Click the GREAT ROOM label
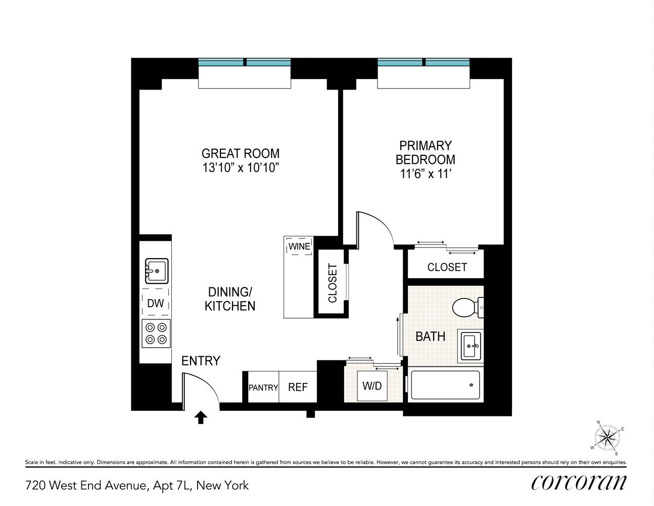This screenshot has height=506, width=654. pyautogui.click(x=240, y=153)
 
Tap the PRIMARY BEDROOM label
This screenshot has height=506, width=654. pyautogui.click(x=425, y=152)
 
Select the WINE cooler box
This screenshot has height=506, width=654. pyautogui.click(x=299, y=246)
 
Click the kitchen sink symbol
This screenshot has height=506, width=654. pyautogui.click(x=157, y=271)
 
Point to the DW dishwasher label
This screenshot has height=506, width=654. pyautogui.click(x=155, y=303)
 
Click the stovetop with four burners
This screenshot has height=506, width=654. pyautogui.click(x=156, y=333)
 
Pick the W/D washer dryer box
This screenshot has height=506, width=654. pyautogui.click(x=372, y=386)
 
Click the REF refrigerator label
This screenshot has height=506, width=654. pyautogui.click(x=298, y=387)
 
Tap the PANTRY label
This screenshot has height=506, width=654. pyautogui.click(x=263, y=388)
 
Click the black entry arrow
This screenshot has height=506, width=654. pyautogui.click(x=201, y=417)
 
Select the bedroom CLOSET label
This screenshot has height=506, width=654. pyautogui.click(x=447, y=267)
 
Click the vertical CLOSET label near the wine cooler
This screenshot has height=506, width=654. pyautogui.click(x=332, y=283)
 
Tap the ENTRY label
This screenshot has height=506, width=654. pyautogui.click(x=201, y=361)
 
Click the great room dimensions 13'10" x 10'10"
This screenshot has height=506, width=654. pyautogui.click(x=241, y=167)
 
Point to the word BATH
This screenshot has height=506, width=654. pyautogui.click(x=430, y=336)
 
